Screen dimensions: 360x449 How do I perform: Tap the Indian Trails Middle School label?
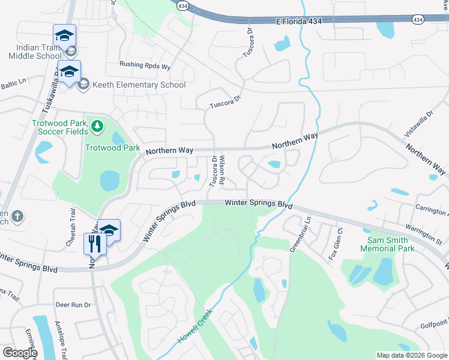click(34, 52)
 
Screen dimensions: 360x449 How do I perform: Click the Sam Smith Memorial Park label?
click(387, 244)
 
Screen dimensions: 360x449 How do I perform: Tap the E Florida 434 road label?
click(299, 21)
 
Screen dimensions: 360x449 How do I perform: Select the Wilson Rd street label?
click(221, 170)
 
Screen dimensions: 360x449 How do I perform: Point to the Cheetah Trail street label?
click(72, 221)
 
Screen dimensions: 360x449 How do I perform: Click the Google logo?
click(20, 353)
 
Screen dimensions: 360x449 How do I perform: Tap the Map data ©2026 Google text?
click(411, 355)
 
